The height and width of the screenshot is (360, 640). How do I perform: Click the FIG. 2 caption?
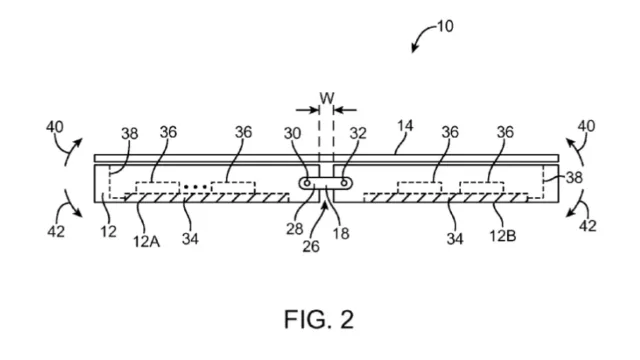click(319, 319)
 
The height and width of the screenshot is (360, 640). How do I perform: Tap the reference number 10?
click(445, 27)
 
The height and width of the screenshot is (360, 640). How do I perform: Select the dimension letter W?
click(327, 98)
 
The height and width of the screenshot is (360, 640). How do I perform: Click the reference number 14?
click(405, 126)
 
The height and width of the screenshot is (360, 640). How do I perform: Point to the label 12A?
click(147, 242)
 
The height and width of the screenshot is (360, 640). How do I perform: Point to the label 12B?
click(503, 236)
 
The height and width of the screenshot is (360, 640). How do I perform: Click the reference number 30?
click(292, 133)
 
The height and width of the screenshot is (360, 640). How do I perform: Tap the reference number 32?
click(358, 133)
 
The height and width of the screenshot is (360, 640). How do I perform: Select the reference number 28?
click(294, 229)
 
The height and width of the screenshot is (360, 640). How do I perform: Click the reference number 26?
click(311, 246)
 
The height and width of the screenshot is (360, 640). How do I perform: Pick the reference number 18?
click(341, 233)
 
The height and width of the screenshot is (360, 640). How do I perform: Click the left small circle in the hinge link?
click(307, 183)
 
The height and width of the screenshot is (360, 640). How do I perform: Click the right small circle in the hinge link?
click(344, 183)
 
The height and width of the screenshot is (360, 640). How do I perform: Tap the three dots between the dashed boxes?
click(196, 187)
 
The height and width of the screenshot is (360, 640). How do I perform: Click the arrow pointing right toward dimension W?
click(308, 110)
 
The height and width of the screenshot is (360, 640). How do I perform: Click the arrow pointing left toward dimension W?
click(345, 110)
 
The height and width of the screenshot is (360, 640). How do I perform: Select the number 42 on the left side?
click(56, 231)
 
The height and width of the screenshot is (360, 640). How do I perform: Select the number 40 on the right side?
click(586, 126)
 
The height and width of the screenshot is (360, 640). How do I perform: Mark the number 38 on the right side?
click(574, 178)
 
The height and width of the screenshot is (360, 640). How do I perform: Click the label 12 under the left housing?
click(109, 231)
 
